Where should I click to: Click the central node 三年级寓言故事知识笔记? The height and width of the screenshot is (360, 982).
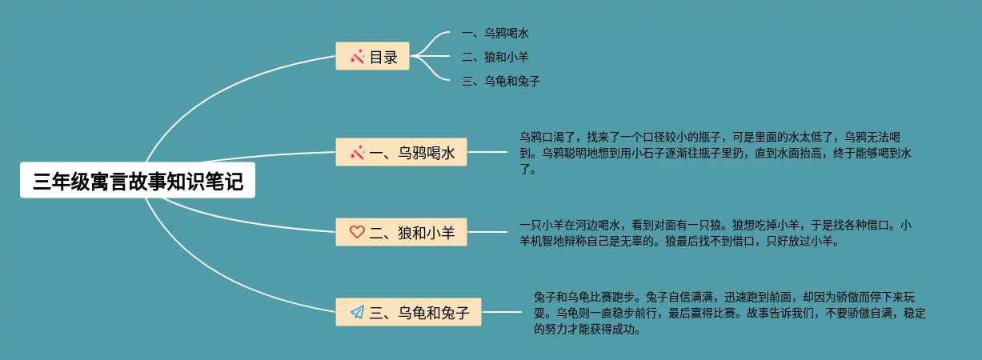tap(138, 181)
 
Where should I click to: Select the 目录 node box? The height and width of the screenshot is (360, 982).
tap(372, 57)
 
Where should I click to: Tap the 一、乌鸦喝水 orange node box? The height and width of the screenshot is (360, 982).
tap(401, 152)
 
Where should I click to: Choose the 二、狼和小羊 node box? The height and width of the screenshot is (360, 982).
tap(401, 232)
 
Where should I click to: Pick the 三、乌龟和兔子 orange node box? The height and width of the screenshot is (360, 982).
tap(408, 311)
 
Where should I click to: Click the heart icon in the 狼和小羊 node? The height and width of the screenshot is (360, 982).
tap(357, 232)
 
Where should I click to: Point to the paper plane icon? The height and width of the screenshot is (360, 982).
tap(357, 311)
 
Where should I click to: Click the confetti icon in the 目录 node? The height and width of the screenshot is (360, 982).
tap(357, 57)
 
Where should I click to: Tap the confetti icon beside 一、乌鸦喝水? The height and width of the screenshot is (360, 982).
tap(357, 152)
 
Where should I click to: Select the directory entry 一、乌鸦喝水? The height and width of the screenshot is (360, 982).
tap(495, 34)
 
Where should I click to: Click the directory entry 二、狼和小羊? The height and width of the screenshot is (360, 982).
tap(495, 57)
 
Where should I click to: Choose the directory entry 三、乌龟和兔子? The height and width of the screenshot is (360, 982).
tap(501, 81)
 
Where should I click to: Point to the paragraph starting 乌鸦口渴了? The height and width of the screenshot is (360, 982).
tap(715, 153)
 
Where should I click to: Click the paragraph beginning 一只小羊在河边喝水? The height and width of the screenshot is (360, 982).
tap(715, 233)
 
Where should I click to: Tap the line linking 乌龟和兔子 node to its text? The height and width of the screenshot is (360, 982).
tap(502, 311)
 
